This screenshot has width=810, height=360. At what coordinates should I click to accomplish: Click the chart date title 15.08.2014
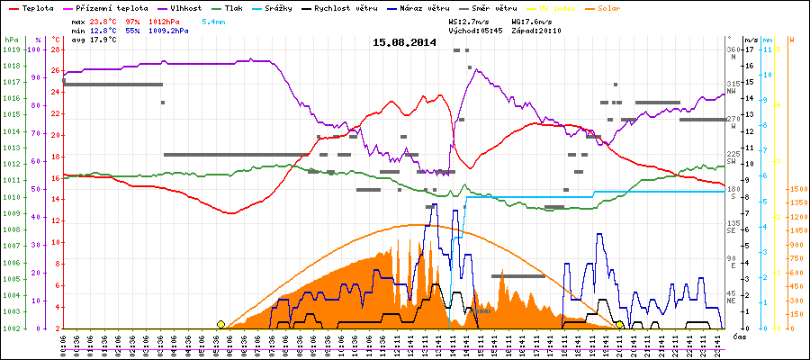click(404, 42)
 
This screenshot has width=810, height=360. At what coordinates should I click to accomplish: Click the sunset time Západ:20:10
click(536, 30)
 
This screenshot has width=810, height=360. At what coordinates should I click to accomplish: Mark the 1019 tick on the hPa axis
click(11, 49)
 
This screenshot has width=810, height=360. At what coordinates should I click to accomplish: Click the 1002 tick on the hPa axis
click(11, 328)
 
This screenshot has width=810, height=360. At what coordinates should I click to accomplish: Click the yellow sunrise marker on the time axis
click(221, 324)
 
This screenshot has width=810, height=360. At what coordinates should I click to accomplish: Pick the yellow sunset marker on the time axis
click(619, 324)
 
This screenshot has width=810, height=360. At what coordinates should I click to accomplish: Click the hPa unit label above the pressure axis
click(10, 40)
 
